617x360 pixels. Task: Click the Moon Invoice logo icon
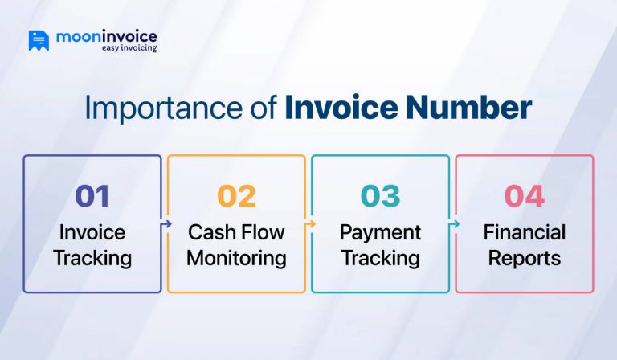(39, 40)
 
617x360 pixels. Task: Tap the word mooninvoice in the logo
(107, 36)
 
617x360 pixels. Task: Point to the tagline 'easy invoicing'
(129, 48)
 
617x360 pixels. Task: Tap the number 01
(92, 196)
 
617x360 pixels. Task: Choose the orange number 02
(236, 196)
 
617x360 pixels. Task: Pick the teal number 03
(380, 196)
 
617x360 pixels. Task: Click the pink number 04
(524, 196)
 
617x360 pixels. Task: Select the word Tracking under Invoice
(92, 258)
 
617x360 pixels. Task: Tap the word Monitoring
(236, 258)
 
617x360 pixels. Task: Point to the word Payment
(380, 232)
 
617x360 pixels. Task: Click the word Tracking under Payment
(380, 258)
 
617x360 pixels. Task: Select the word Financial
(524, 232)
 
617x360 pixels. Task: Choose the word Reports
(524, 258)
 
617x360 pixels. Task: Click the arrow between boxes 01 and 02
(165, 225)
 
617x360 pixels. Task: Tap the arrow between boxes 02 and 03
(308, 225)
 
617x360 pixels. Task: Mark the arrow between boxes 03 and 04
(452, 225)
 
